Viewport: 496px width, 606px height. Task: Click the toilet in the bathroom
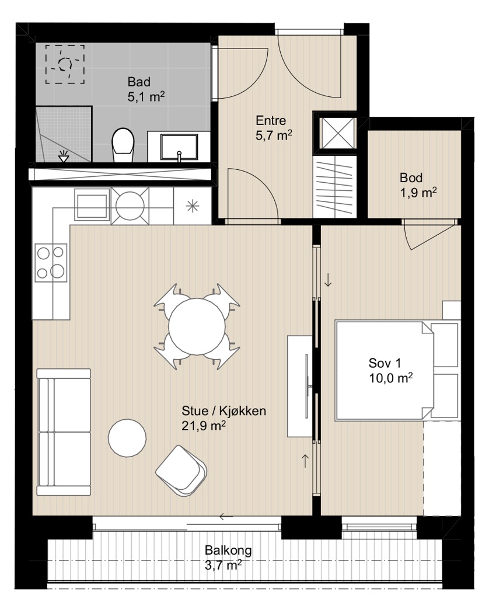(123, 145)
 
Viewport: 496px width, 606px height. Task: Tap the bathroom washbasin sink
(179, 147)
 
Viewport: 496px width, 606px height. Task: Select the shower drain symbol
(64, 156)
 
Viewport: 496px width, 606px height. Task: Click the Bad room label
(139, 82)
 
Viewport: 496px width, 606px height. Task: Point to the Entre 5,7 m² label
(274, 128)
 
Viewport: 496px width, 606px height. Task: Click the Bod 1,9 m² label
(418, 185)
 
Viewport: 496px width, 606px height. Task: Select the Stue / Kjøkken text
(223, 410)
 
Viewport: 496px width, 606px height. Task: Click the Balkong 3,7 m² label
(228, 558)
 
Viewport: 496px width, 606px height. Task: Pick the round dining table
(197, 326)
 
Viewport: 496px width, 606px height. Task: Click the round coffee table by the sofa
(127, 438)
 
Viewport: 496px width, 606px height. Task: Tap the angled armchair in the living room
(181, 471)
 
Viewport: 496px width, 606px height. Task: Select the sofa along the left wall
(64, 431)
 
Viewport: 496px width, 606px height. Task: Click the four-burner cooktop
(51, 263)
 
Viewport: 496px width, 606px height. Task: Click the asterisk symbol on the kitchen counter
(193, 207)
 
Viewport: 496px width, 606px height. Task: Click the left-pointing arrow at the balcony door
(226, 516)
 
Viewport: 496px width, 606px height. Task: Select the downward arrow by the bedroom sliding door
(328, 280)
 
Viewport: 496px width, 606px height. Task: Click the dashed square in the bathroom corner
(65, 64)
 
